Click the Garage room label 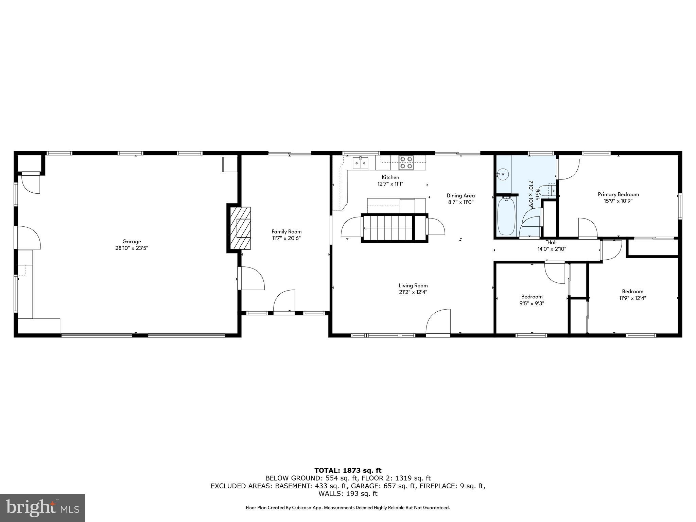click(x=132, y=242)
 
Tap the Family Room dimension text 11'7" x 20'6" click(x=286, y=238)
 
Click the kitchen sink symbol click(x=360, y=163)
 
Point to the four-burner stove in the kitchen click(x=406, y=162)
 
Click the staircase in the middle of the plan click(x=387, y=228)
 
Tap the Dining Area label click(x=460, y=195)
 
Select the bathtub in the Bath click(x=506, y=216)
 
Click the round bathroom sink click(x=502, y=175)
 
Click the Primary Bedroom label click(x=618, y=194)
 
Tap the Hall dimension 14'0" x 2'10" click(x=552, y=249)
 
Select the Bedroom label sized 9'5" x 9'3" click(x=532, y=297)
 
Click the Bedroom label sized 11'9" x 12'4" click(x=632, y=292)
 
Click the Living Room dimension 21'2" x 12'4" click(x=413, y=292)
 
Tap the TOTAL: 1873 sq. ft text click(x=348, y=471)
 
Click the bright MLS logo click(x=42, y=508)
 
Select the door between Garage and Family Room click(x=250, y=278)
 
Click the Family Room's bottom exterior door click(x=284, y=302)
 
